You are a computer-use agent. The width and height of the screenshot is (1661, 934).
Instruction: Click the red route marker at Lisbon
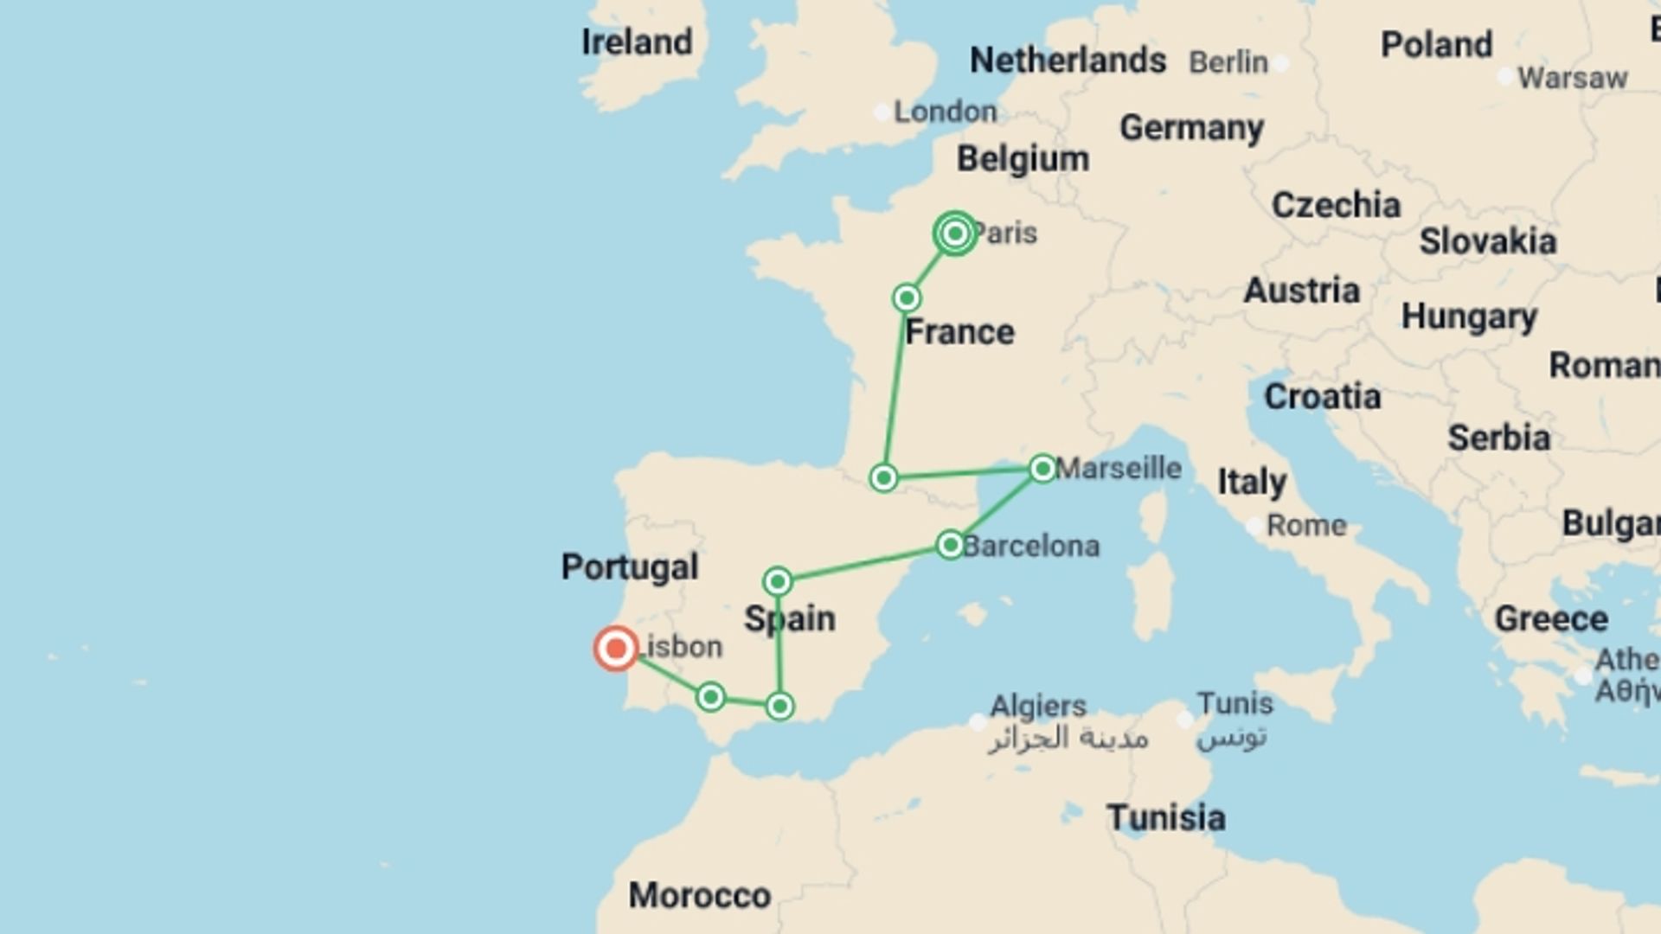coord(616,649)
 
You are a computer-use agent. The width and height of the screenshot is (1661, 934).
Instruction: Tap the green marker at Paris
coord(955,233)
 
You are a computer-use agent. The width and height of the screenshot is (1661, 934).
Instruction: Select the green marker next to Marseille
coord(1042,469)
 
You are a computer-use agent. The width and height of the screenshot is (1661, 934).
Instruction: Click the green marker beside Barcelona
coord(950,545)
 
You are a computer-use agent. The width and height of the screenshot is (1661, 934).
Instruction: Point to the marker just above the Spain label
coord(778,581)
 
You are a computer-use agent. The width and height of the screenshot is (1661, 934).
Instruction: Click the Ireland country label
coord(637,42)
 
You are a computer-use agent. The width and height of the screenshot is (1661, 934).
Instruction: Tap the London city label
coord(945,112)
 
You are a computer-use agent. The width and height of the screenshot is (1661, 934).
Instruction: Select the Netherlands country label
coord(1068,61)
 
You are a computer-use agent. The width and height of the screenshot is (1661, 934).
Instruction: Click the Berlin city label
coord(1228,62)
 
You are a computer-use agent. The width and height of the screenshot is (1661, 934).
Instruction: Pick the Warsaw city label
coord(1572,78)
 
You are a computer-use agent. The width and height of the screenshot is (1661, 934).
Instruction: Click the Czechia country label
coord(1336,205)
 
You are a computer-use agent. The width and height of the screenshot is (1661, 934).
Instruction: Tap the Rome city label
coord(1306,525)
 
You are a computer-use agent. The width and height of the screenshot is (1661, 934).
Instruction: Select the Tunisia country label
coord(1165,817)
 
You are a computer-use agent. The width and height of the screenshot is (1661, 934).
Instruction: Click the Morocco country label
coord(699,895)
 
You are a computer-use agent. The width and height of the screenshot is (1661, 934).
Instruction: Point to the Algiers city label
coord(1037,706)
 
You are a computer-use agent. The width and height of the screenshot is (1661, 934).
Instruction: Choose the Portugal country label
coord(629,567)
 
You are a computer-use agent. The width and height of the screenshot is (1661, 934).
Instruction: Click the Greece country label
coord(1551,619)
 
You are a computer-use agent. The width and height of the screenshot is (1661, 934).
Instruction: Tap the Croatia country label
coord(1322,397)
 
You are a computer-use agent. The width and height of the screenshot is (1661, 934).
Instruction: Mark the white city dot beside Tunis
coord(1185,720)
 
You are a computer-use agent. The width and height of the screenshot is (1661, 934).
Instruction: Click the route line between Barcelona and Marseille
coord(997,507)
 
